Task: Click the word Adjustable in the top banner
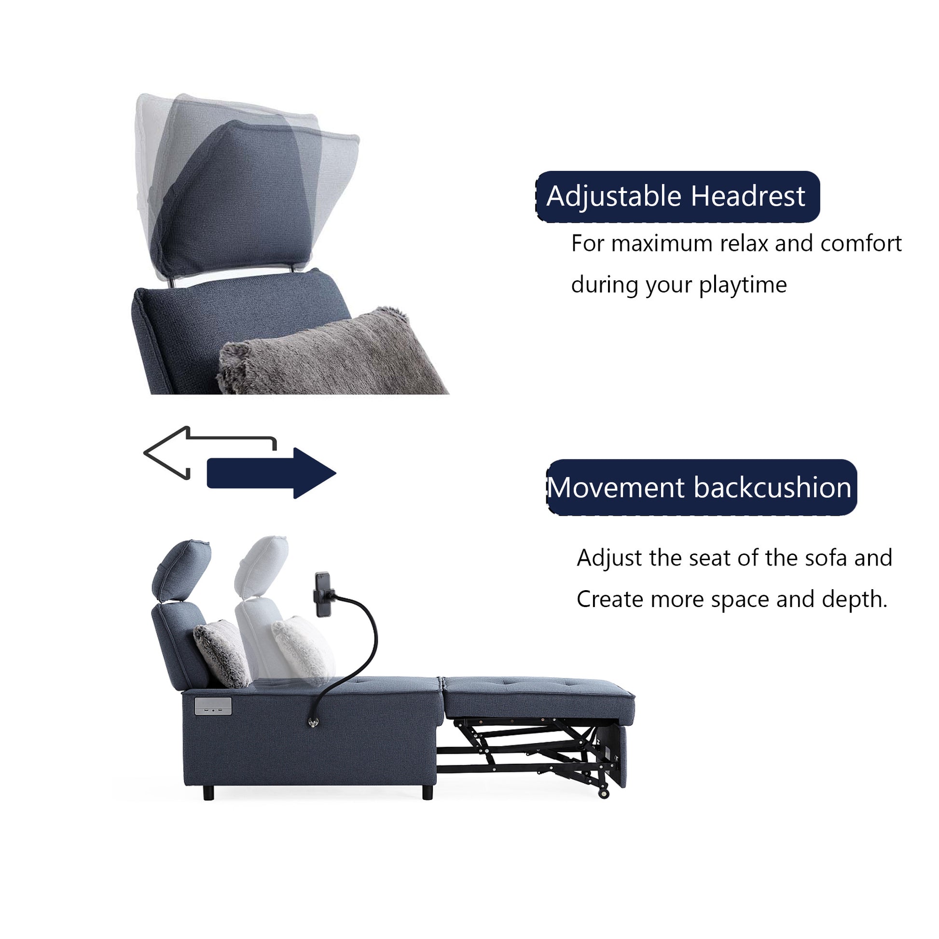(614, 197)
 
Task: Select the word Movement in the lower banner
(615, 487)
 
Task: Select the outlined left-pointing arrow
(194, 452)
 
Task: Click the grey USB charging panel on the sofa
(213, 706)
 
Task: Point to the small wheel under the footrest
(604, 794)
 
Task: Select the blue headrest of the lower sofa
(181, 570)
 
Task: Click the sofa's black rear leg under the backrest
(208, 793)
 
